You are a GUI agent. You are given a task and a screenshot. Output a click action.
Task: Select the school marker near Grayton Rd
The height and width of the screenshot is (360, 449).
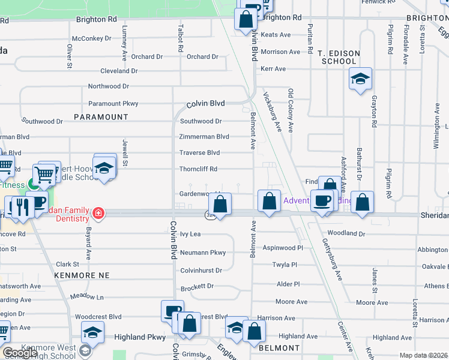(x=360, y=79)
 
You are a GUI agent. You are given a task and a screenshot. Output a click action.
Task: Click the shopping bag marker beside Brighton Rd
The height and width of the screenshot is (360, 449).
(x=246, y=19)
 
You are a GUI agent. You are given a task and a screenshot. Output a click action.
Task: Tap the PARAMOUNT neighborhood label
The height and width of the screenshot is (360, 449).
(x=101, y=116)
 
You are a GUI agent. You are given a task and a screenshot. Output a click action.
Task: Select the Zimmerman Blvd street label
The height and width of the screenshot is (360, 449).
(x=204, y=137)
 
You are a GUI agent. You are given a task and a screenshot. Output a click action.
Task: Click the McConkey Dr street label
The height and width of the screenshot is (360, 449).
(x=92, y=38)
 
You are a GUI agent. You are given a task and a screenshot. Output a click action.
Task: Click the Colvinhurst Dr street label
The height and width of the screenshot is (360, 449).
(x=201, y=271)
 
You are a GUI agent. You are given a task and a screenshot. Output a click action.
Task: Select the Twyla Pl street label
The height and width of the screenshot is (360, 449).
(x=285, y=265)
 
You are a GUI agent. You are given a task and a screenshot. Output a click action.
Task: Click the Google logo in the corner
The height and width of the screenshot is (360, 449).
(x=20, y=353)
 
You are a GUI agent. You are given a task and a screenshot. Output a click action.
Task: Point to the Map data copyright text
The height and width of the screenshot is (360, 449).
(x=423, y=355)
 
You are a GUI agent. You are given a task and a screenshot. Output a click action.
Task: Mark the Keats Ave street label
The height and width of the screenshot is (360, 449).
(x=276, y=35)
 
